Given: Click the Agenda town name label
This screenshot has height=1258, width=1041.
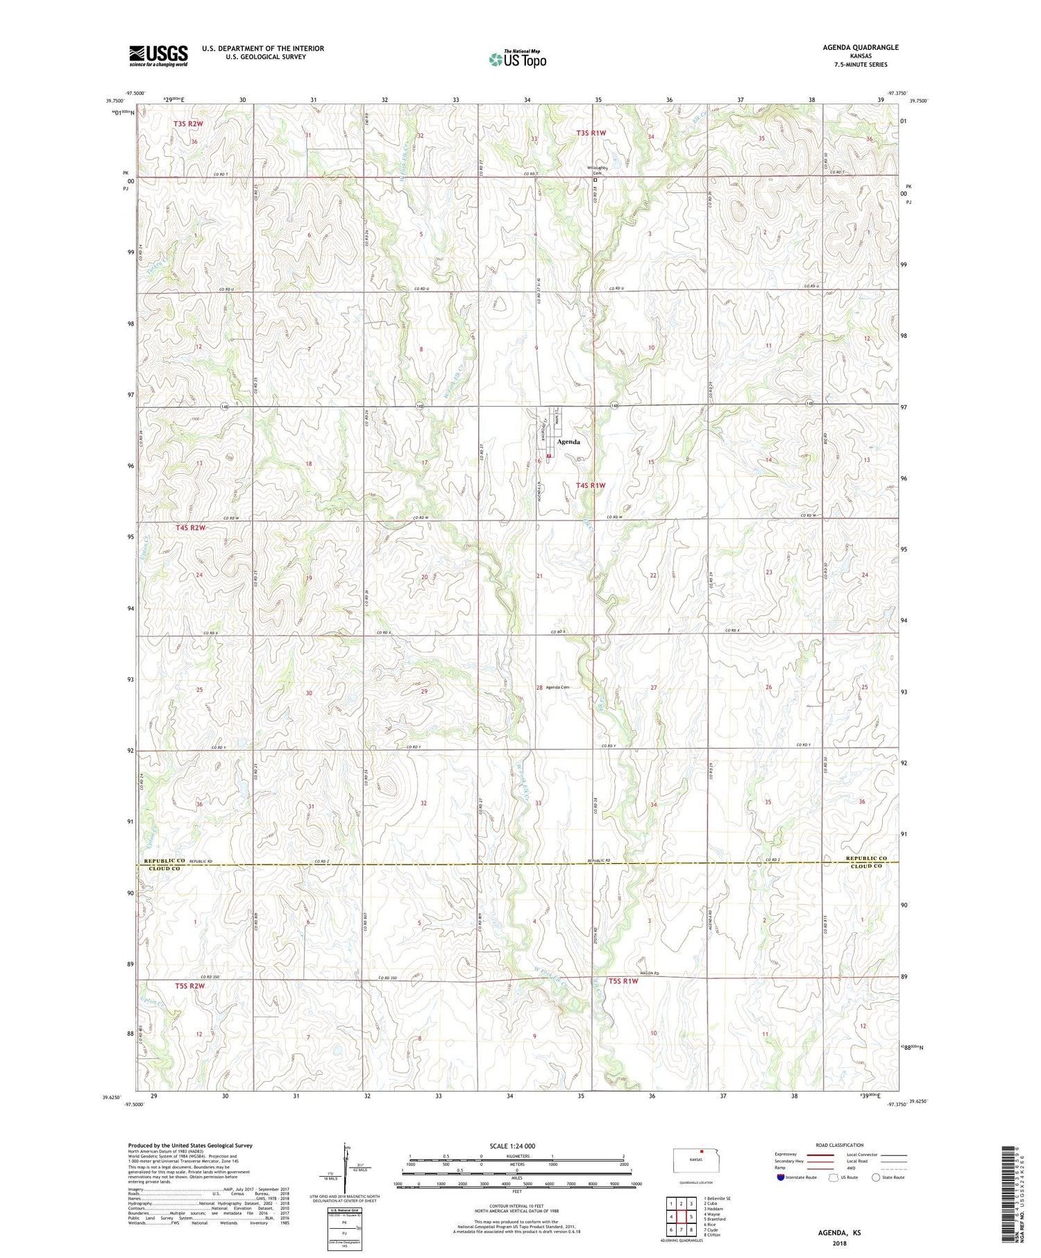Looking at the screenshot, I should click(568, 442).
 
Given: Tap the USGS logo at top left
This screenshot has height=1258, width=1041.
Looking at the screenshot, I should click(158, 56).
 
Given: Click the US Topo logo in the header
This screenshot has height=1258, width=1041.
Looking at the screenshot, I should click(517, 60).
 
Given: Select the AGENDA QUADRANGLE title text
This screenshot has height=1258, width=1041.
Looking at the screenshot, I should click(861, 47).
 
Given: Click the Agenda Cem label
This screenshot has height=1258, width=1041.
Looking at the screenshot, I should click(557, 687).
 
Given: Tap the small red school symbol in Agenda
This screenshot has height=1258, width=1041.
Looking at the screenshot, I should click(549, 456).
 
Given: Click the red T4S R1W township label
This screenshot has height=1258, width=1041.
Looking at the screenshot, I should click(591, 486).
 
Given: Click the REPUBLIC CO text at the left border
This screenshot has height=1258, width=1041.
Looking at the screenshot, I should click(165, 861).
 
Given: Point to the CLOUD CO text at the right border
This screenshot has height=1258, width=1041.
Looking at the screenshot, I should click(867, 866).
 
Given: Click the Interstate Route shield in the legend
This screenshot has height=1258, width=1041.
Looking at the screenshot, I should click(781, 1178).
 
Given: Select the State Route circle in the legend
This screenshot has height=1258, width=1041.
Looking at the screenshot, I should click(877, 1178).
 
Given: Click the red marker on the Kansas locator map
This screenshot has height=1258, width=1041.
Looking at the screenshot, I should click(702, 1155).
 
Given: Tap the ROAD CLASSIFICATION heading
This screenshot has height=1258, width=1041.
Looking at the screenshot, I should click(839, 1146).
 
